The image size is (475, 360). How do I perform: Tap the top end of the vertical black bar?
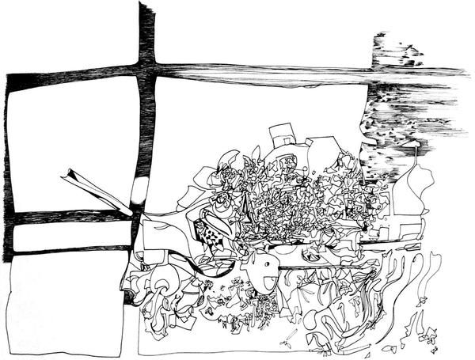click(x=146, y=6)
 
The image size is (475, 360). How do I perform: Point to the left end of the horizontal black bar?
click(x=9, y=79)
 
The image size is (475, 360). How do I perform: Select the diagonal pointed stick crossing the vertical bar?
click(x=95, y=188)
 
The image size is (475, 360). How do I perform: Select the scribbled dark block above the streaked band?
click(x=396, y=51)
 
